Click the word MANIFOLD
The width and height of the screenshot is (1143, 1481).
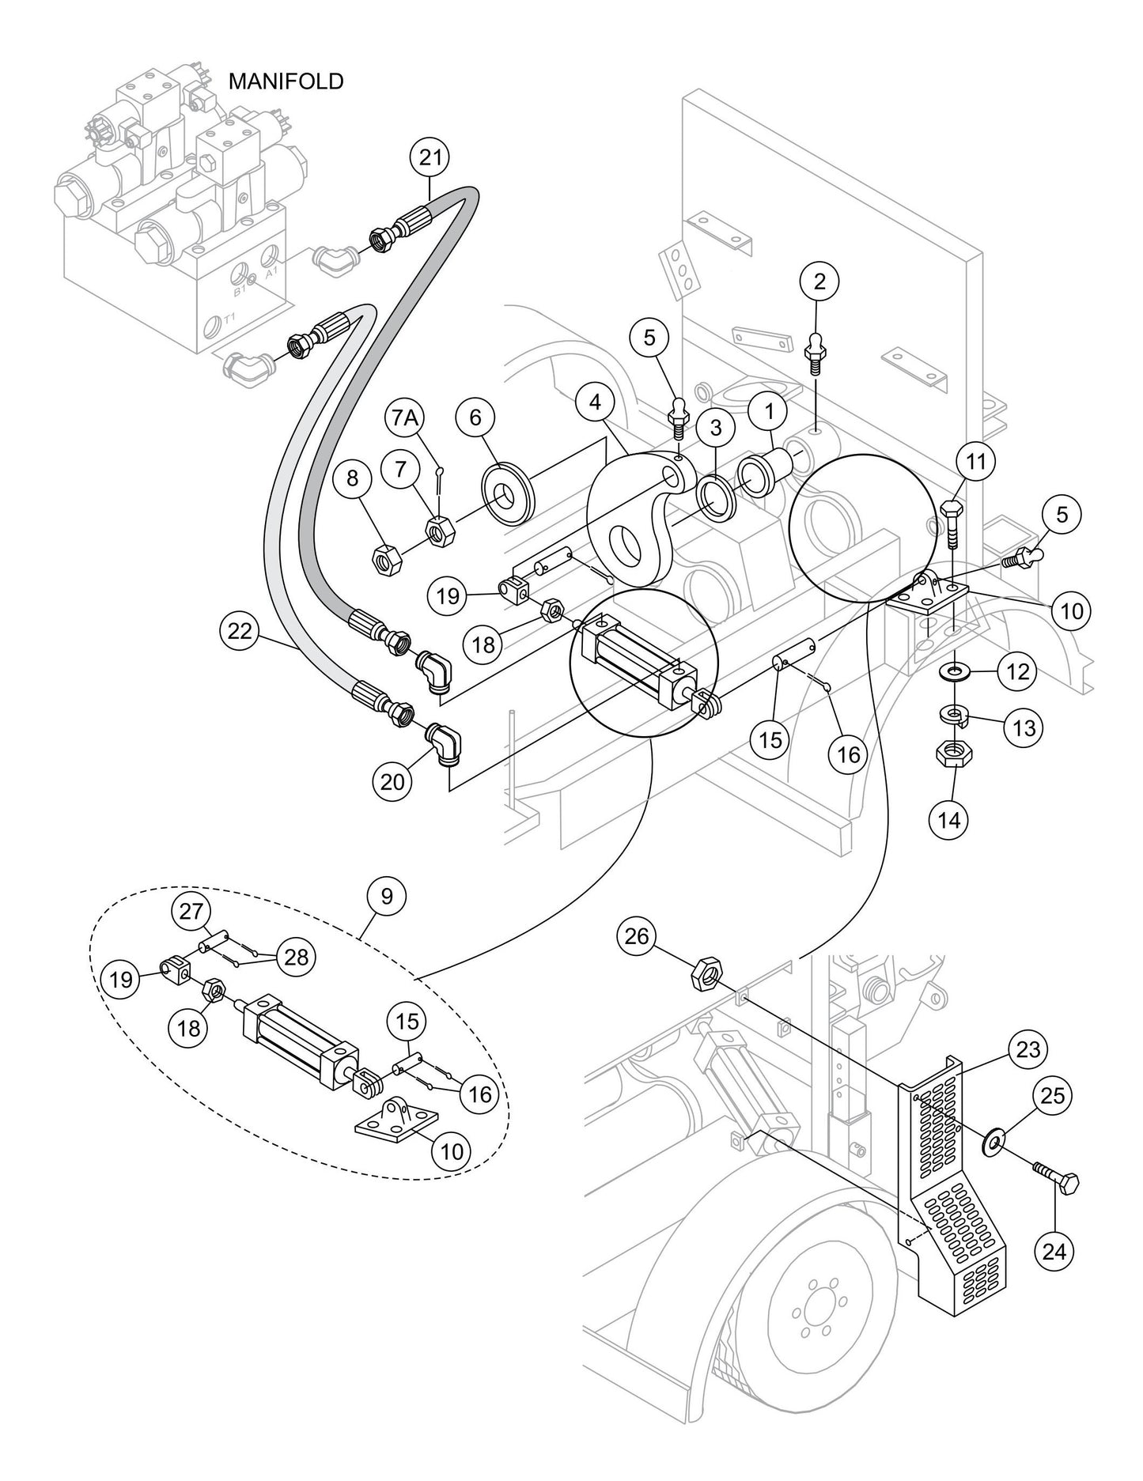point(286,81)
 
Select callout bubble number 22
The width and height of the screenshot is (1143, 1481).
point(240,630)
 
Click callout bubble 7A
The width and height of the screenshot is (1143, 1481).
point(405,417)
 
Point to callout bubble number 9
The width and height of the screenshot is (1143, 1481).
point(387,896)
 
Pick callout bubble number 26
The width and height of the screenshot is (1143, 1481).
point(637,937)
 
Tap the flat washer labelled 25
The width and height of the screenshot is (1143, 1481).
point(993,1141)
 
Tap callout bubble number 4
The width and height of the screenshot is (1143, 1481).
point(595,402)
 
